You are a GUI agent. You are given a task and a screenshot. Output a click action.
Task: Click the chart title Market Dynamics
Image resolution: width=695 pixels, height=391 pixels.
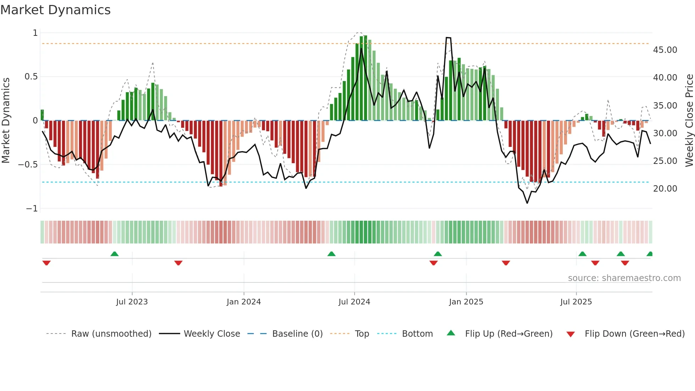point(55,10)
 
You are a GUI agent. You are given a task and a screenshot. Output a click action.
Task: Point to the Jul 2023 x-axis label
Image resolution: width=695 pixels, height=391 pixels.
point(132,302)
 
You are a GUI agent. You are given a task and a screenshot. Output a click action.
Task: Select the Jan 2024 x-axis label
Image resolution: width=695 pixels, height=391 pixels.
point(244,302)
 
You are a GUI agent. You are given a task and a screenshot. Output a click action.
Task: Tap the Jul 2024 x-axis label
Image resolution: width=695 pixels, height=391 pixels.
point(354,302)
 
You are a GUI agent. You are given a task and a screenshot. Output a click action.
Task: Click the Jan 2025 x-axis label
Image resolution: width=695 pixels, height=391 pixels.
point(466,302)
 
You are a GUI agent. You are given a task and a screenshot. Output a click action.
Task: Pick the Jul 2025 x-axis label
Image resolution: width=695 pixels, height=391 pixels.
point(576,302)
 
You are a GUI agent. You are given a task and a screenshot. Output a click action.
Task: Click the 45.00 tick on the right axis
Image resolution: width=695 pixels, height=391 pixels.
point(665,50)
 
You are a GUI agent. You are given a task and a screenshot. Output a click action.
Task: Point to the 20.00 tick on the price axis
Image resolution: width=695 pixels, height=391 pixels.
point(665,189)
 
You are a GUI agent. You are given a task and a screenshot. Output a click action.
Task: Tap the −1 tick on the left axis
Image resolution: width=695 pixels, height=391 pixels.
point(32,209)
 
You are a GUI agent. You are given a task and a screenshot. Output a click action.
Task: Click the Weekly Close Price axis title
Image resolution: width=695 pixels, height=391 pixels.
point(689,121)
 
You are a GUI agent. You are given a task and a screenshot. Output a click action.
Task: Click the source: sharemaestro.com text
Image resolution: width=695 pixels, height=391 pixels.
point(624,278)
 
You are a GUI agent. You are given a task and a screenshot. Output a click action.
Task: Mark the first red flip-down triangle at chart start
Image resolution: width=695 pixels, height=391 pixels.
point(46,263)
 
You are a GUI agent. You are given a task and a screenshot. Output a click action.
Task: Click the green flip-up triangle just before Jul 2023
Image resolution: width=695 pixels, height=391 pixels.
point(115,254)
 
